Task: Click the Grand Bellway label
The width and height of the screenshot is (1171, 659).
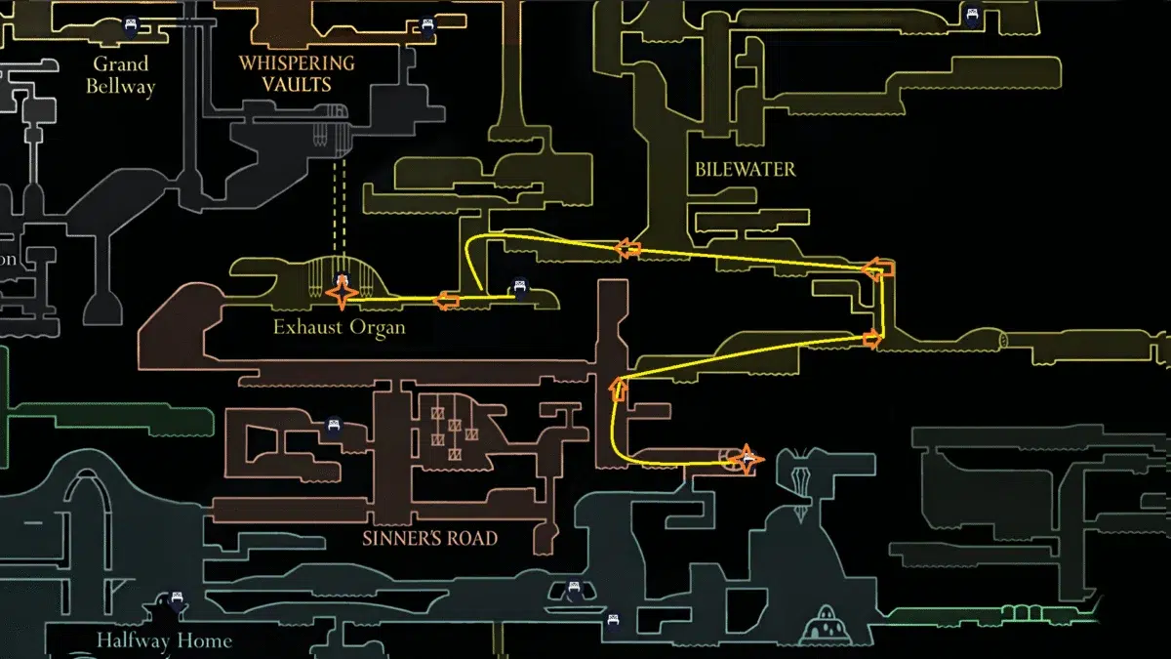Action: point(120,75)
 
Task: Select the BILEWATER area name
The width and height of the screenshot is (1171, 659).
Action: point(745,170)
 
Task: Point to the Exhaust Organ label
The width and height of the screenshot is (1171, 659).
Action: point(339,327)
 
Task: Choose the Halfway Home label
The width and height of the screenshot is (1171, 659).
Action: point(164,641)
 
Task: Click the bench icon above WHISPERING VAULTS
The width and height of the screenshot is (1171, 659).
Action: point(426,26)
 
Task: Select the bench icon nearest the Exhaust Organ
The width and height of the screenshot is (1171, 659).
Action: point(520,288)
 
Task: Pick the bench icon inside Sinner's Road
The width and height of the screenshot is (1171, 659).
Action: point(334,426)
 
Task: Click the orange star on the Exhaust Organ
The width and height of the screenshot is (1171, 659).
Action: point(342,292)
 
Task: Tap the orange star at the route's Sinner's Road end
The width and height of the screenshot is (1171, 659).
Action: point(747,459)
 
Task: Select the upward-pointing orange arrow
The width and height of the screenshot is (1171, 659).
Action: point(617,390)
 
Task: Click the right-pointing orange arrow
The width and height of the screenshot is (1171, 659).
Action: point(870,340)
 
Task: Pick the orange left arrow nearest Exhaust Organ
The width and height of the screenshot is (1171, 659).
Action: point(447,300)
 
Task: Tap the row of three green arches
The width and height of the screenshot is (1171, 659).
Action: point(1020,612)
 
